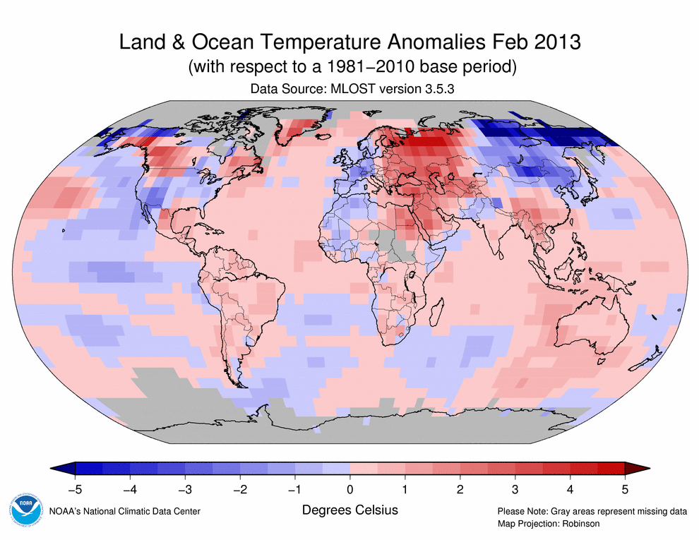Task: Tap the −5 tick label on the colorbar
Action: point(74,488)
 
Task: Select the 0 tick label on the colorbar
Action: point(349,488)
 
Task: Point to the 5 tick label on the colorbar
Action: point(625,488)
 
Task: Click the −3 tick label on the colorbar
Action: point(184,488)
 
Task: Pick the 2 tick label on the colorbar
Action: point(460,488)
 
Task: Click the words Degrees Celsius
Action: point(349,510)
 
